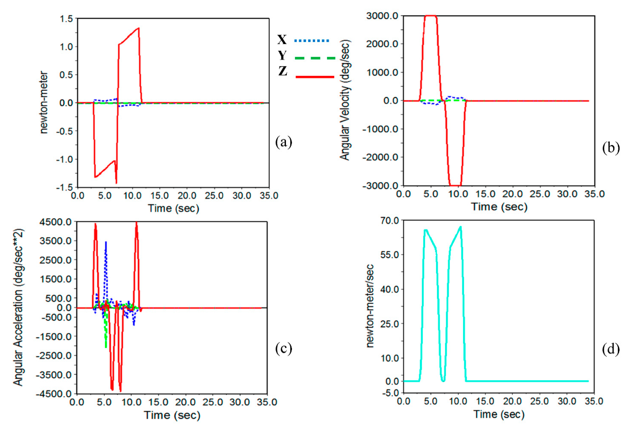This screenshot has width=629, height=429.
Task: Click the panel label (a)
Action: point(284,142)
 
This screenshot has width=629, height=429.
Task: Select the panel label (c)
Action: point(284,349)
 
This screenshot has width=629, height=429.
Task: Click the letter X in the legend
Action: point(282,40)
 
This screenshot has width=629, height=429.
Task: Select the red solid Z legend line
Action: point(315,77)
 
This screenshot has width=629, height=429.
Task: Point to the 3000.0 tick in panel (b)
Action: point(382,16)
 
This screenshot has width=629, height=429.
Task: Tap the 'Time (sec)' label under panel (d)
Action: point(499,414)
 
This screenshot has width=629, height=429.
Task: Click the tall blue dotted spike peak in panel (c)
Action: point(106,242)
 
